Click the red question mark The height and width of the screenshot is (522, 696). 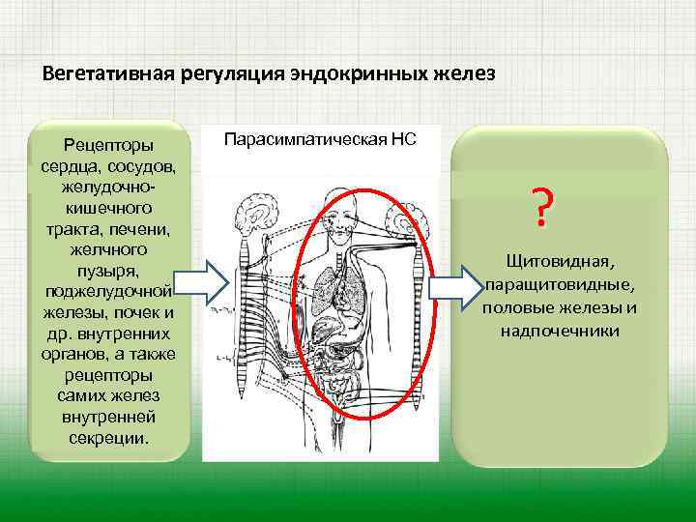click(543, 206)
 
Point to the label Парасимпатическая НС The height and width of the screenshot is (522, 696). click(321, 139)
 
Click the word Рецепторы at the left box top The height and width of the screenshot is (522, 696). click(108, 145)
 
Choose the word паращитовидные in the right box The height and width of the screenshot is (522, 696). click(561, 285)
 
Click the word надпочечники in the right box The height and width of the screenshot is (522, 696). click(561, 331)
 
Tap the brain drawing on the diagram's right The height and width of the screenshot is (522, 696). click(407, 212)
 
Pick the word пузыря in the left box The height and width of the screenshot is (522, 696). click(108, 272)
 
